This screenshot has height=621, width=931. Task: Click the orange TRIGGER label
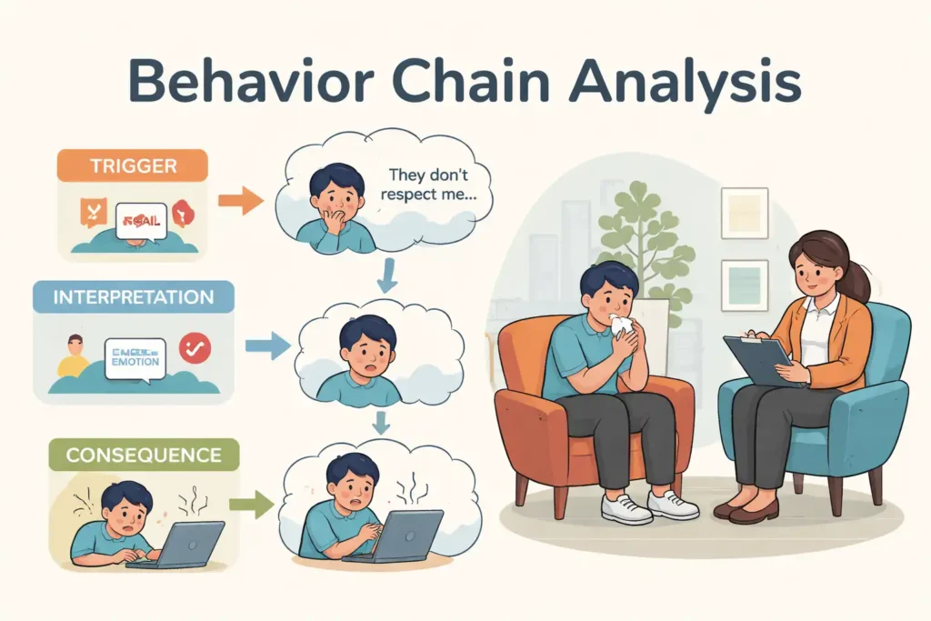click(133, 166)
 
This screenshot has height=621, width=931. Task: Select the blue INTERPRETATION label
click(133, 297)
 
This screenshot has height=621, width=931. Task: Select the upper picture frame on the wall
click(744, 213)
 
